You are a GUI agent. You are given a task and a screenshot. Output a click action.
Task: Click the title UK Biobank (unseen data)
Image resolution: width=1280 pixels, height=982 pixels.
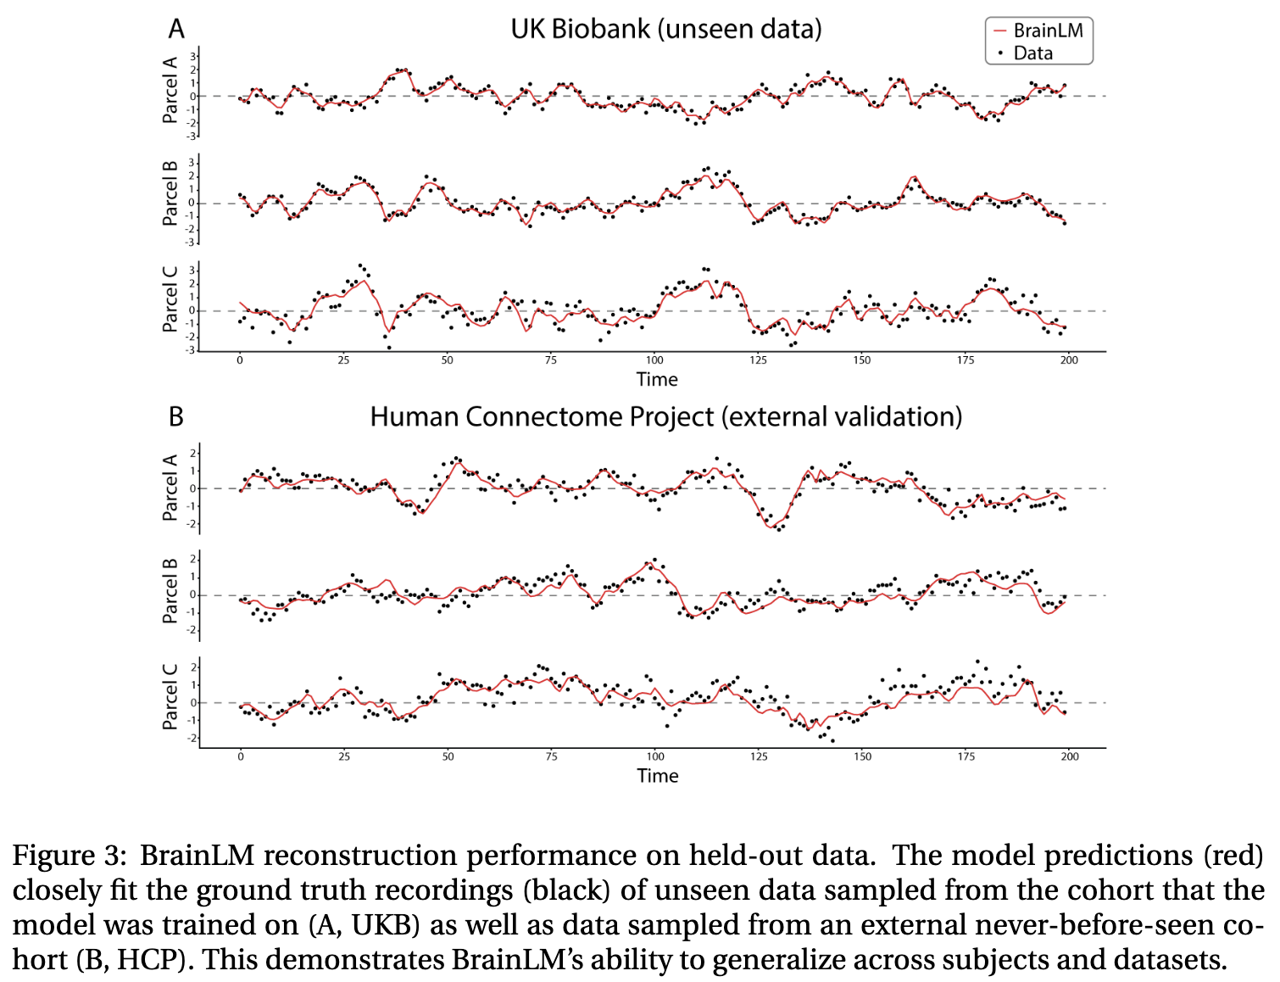point(666,29)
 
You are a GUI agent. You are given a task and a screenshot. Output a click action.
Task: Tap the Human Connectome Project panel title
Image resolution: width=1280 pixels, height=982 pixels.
point(666,416)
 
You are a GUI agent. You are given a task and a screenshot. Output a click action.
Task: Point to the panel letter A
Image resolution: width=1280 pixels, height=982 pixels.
point(176,29)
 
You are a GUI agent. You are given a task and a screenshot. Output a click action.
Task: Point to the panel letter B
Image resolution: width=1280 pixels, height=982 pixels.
point(176,416)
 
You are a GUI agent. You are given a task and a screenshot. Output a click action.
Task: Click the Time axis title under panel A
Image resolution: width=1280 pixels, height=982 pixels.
point(657,379)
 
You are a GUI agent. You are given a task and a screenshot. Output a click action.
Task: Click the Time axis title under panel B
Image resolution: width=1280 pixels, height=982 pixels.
point(658,775)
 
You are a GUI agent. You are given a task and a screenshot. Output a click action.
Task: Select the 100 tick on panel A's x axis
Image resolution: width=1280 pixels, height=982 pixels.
point(654,360)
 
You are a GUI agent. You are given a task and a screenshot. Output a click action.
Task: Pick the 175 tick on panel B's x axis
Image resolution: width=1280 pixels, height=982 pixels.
point(966,756)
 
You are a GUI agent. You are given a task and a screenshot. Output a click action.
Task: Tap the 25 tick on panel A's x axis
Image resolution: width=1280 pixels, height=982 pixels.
point(343,360)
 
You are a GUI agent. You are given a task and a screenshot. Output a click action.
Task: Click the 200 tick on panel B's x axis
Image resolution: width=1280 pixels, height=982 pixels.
point(1070,756)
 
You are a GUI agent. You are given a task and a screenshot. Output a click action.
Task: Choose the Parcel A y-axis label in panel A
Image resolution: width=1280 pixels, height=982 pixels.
point(170,90)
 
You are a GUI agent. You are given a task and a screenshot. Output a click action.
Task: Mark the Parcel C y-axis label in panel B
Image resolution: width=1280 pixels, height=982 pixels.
point(170,695)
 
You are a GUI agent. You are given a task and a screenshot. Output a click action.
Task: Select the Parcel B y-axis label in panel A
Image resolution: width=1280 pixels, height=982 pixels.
point(170,192)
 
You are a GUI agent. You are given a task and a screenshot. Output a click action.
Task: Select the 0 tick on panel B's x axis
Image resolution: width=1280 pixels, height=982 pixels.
point(241,756)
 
